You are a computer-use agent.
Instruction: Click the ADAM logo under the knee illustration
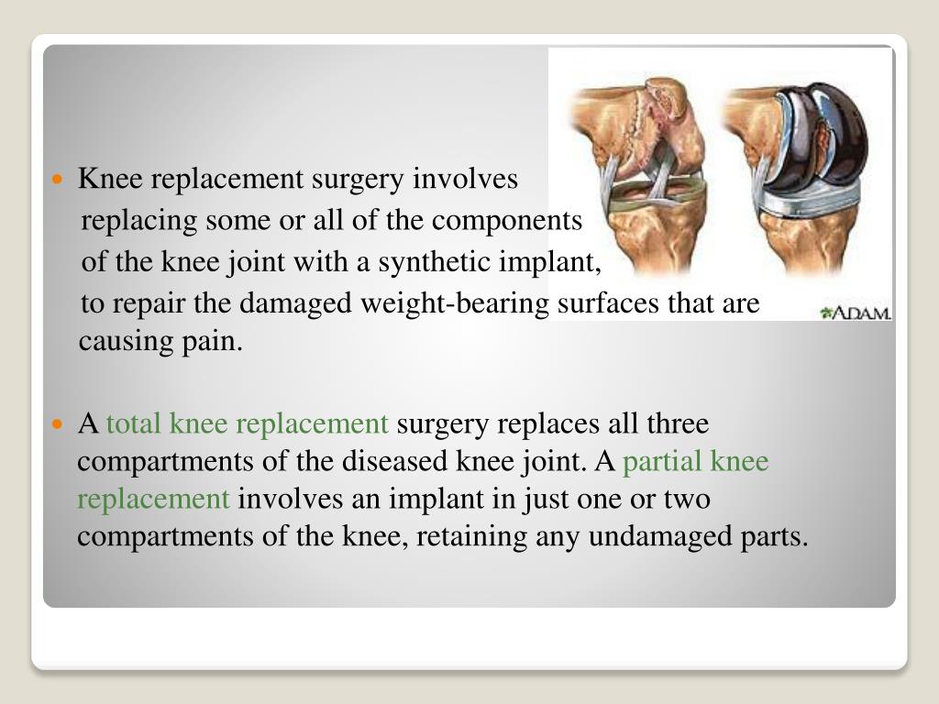point(856,312)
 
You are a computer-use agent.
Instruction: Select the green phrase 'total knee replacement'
point(249,424)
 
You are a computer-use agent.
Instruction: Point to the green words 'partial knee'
point(696,461)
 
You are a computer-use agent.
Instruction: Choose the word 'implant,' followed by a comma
point(560,263)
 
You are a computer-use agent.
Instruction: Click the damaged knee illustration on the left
point(637,174)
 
